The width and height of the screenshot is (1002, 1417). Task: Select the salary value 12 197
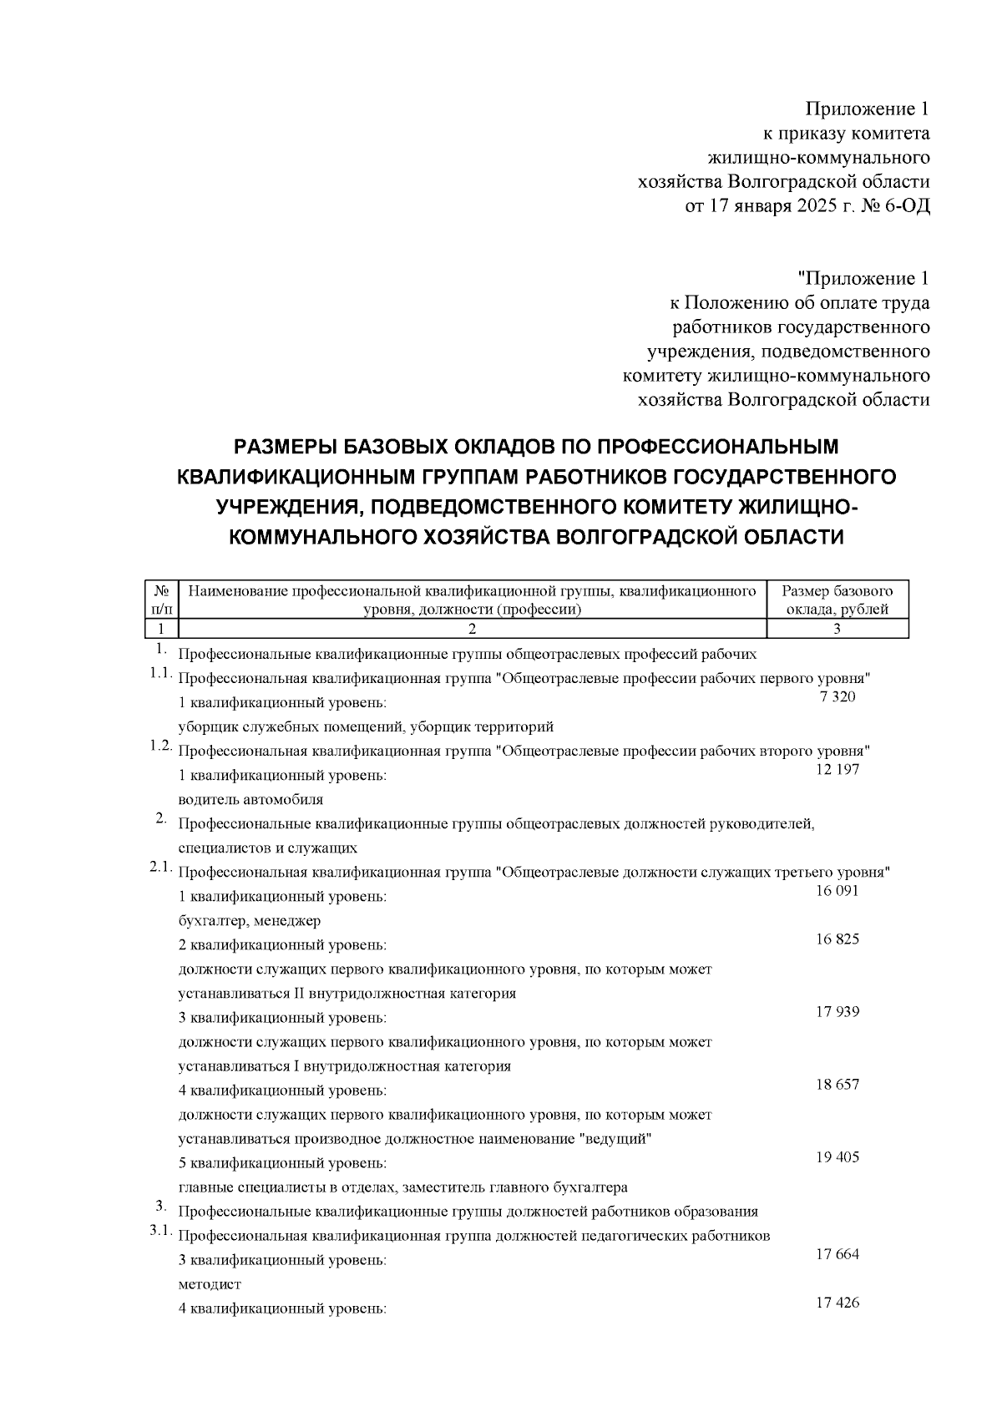(837, 770)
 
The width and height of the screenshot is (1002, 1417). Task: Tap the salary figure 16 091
(837, 891)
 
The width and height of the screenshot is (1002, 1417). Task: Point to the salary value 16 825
(837, 939)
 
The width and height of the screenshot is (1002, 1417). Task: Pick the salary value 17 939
(837, 1012)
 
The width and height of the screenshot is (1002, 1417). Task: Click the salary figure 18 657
(837, 1085)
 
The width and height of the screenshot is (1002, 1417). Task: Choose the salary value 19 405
(837, 1157)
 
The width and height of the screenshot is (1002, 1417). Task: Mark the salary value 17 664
(837, 1254)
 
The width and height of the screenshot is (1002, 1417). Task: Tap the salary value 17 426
(837, 1303)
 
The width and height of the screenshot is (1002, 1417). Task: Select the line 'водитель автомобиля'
(250, 799)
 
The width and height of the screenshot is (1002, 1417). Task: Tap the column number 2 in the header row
(472, 630)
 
